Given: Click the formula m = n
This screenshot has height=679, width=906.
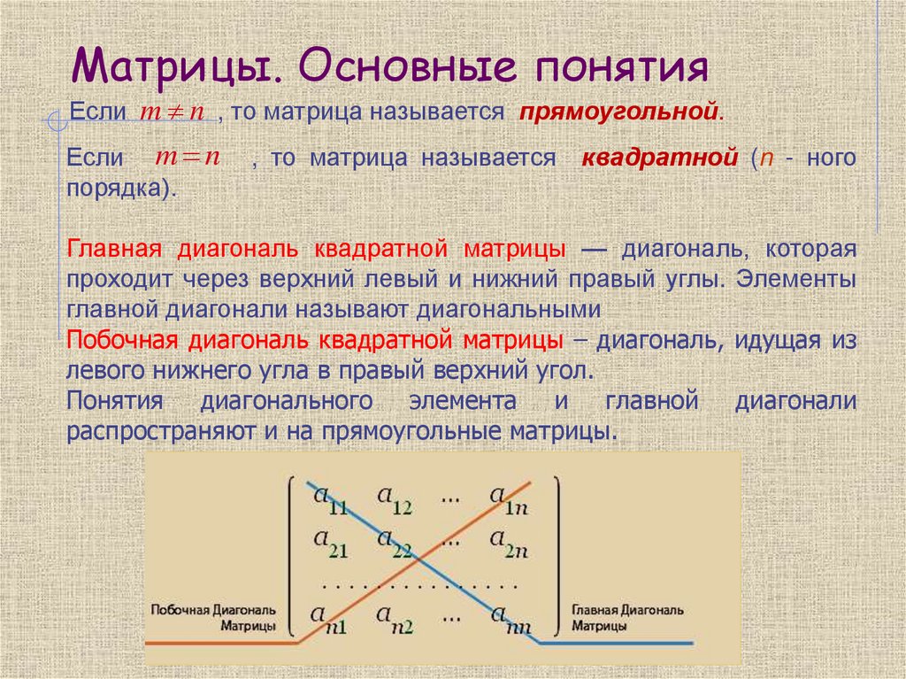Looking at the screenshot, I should pos(188,158).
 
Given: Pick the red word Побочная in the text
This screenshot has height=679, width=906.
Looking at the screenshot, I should pos(119,340).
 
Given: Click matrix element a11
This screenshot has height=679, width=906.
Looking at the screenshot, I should pos(329,498).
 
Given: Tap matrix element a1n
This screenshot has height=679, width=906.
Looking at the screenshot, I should pos(509,498).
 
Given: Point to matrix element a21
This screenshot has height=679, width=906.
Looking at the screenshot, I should pos(329,541).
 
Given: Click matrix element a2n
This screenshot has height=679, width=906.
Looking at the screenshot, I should pos(509,541).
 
